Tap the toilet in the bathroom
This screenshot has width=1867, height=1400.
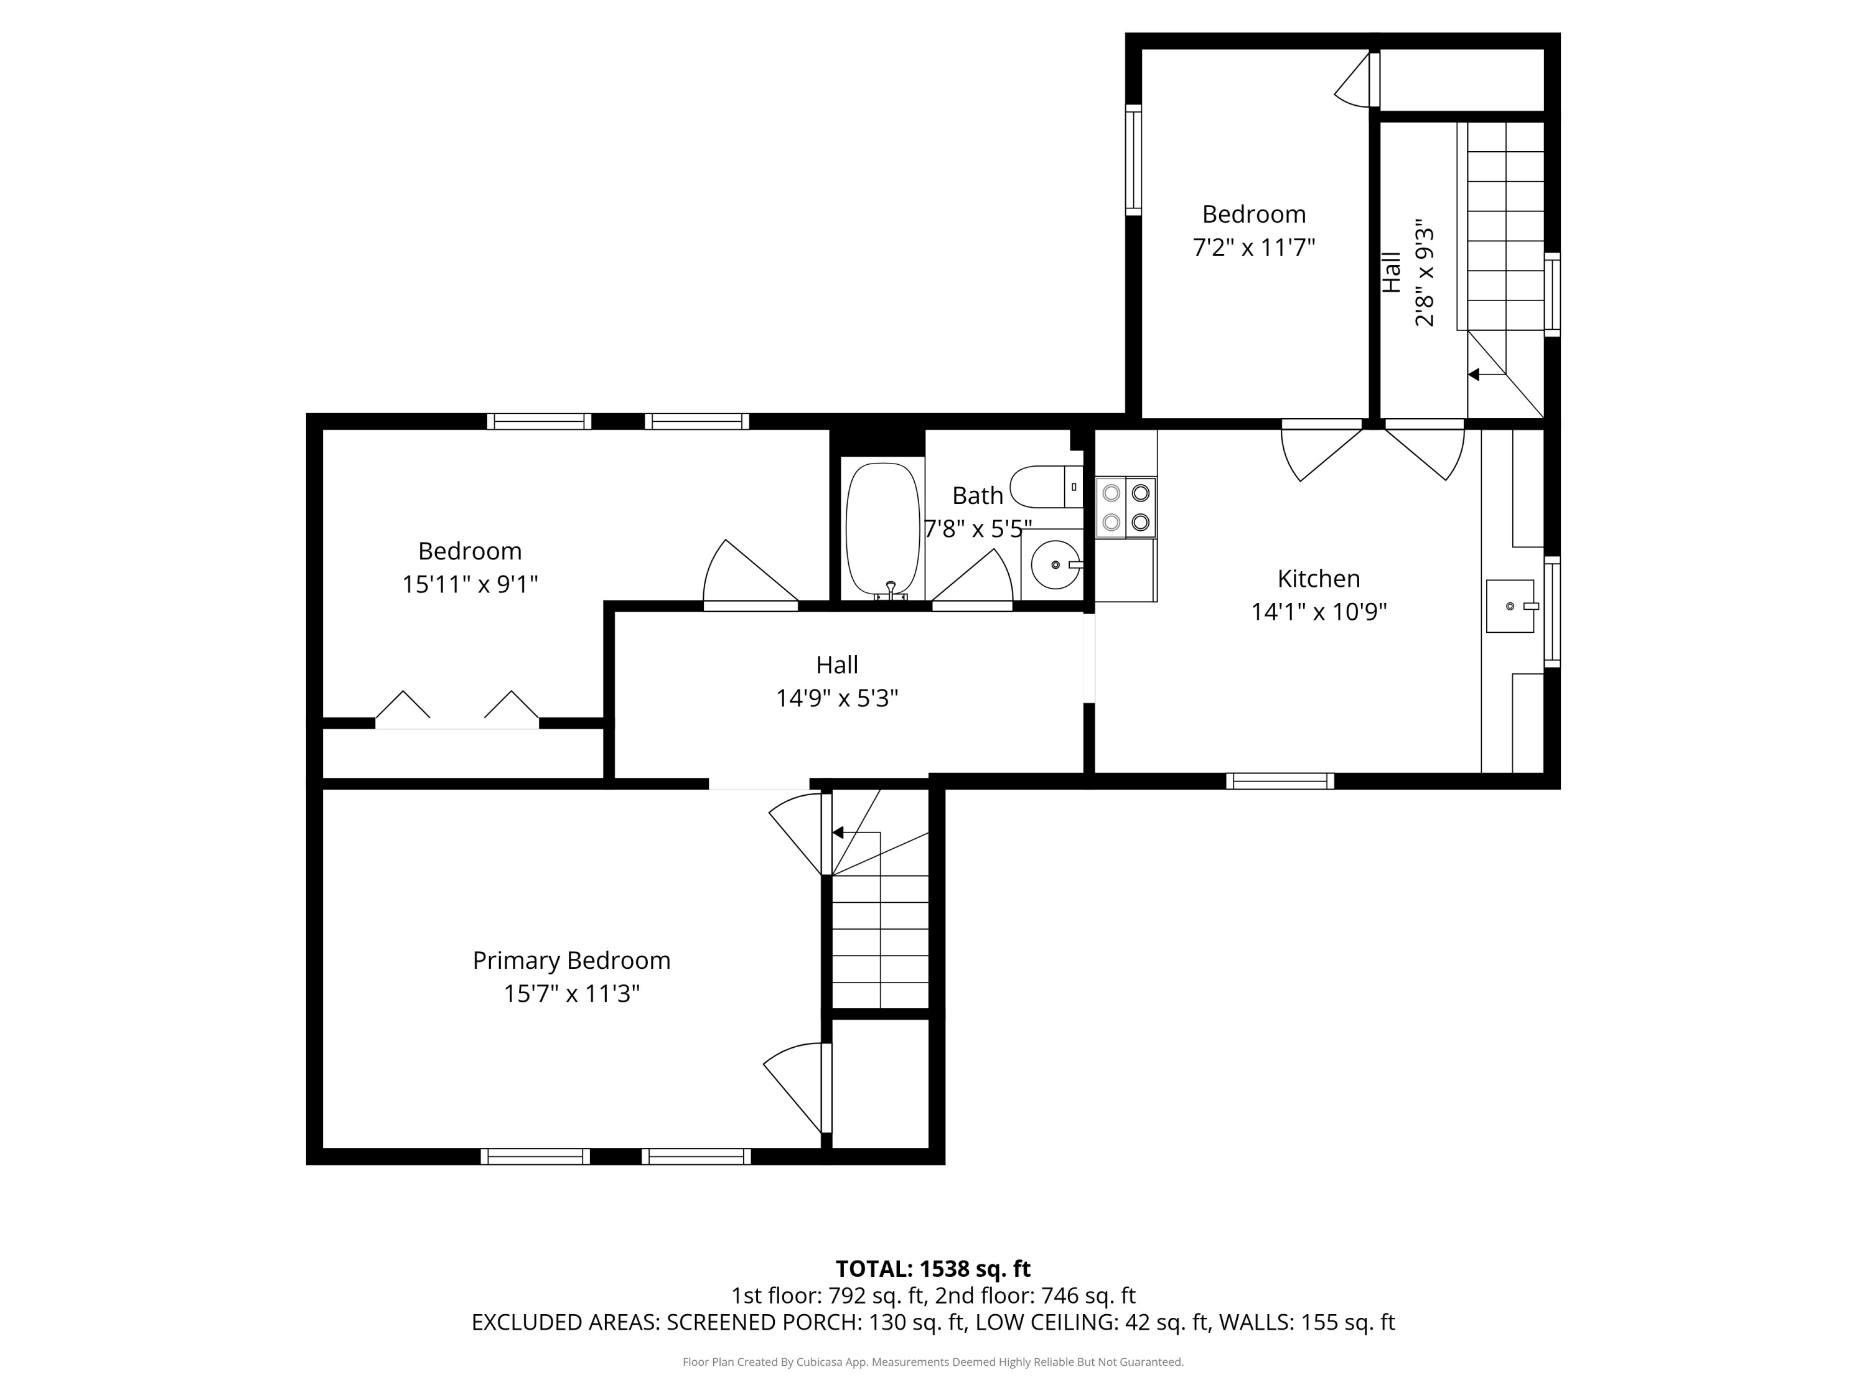pyautogui.click(x=1047, y=486)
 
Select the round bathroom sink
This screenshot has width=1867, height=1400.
pyautogui.click(x=1055, y=564)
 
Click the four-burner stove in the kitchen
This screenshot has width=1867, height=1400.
pyautogui.click(x=1126, y=507)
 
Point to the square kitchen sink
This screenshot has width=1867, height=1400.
pyautogui.click(x=1510, y=606)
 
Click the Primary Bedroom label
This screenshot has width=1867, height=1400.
pyautogui.click(x=571, y=960)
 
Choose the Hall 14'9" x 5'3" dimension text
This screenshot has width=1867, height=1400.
pyautogui.click(x=837, y=699)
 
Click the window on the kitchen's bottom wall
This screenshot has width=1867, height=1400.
pyautogui.click(x=1280, y=781)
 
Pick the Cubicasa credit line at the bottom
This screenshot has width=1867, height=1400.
pyautogui.click(x=933, y=1362)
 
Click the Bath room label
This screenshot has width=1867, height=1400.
pyautogui.click(x=978, y=495)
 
